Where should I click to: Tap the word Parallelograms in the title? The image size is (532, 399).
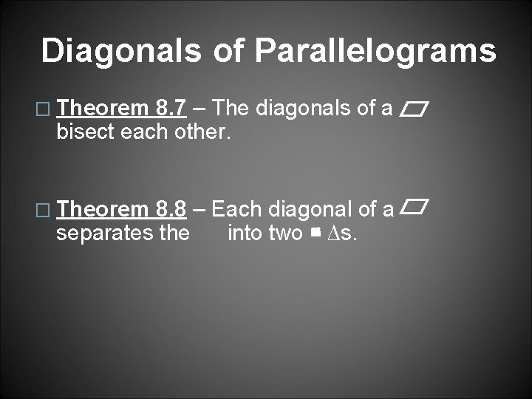375,51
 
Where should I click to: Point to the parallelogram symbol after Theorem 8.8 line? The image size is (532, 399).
415,208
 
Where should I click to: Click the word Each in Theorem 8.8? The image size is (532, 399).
237,210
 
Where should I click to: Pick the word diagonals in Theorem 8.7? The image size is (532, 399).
304,109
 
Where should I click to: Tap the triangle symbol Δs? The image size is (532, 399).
341,234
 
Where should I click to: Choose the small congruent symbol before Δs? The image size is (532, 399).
315,233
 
